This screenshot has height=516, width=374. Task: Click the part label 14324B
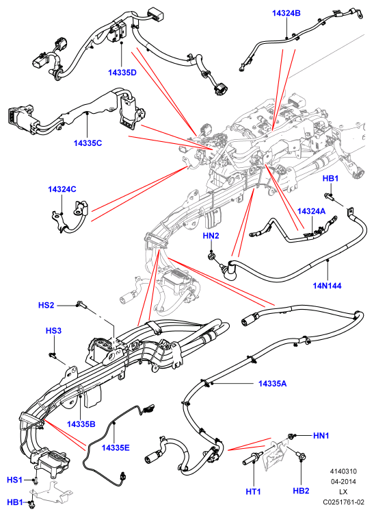(x=286, y=13)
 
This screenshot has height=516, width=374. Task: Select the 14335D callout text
(x=122, y=73)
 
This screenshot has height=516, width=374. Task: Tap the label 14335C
(x=88, y=143)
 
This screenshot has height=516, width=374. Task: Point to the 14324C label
(x=62, y=189)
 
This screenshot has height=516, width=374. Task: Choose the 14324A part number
(x=311, y=211)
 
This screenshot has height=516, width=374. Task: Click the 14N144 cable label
(x=327, y=286)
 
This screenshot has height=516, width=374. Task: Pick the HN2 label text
(x=211, y=236)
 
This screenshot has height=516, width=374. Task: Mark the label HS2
(x=46, y=305)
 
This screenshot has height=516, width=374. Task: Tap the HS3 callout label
(x=53, y=330)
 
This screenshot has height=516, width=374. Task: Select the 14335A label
(x=272, y=383)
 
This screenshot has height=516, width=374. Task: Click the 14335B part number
(x=81, y=424)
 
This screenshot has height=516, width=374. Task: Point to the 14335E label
(x=116, y=447)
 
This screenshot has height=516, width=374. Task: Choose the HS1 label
(x=14, y=480)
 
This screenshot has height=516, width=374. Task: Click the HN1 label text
(x=321, y=436)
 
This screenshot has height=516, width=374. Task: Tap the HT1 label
(x=253, y=491)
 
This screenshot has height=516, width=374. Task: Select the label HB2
(x=301, y=491)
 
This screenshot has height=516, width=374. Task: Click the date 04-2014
(x=343, y=482)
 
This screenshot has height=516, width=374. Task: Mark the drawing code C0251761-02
(x=343, y=502)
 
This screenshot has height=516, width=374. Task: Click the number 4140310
(x=343, y=471)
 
